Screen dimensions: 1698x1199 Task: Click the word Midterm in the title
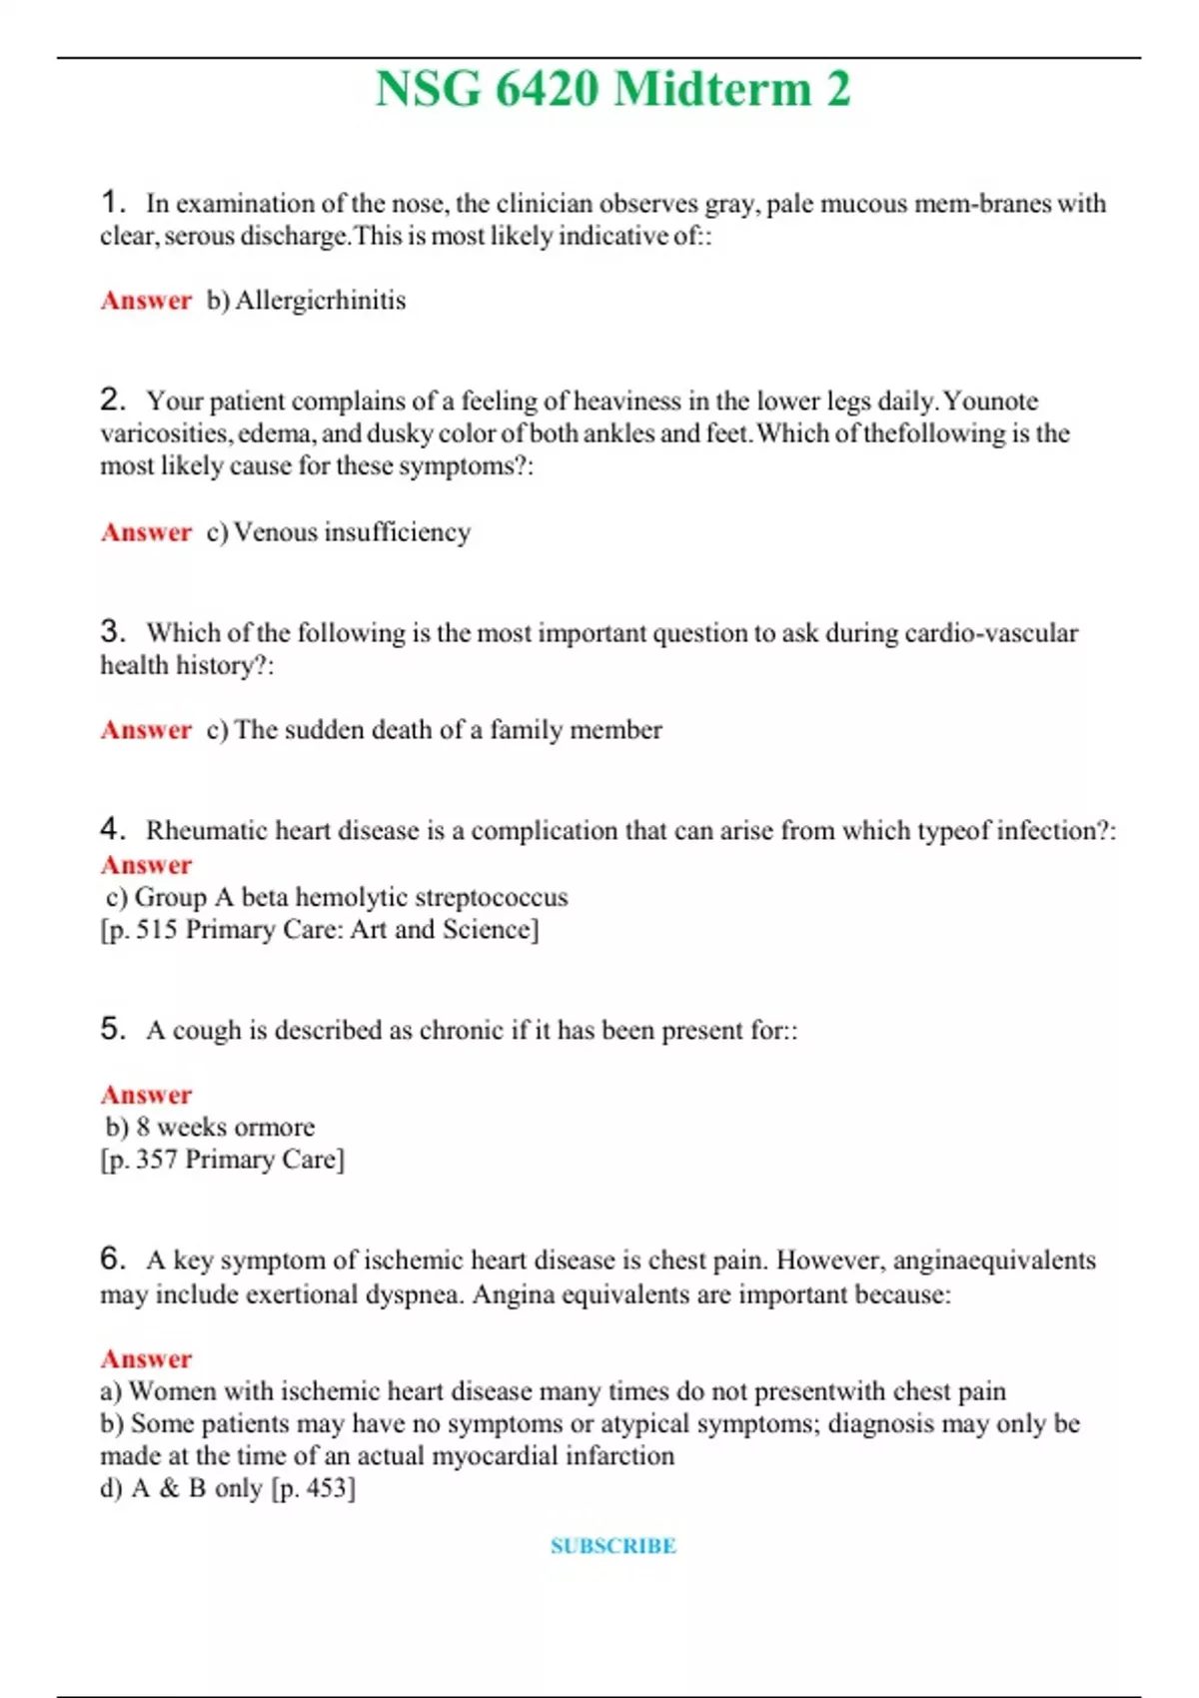pyautogui.click(x=711, y=89)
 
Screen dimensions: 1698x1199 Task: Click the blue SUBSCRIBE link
pyautogui.click(x=613, y=1546)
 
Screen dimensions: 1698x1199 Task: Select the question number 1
pyautogui.click(x=112, y=203)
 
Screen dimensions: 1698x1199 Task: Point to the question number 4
pyautogui.click(x=112, y=829)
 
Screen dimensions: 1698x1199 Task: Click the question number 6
pyautogui.click(x=112, y=1259)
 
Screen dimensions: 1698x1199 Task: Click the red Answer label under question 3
pyautogui.click(x=146, y=730)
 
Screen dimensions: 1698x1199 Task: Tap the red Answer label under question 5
pyautogui.click(x=146, y=1095)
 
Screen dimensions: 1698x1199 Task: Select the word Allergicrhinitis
pyautogui.click(x=320, y=301)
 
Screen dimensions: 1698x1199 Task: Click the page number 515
pyautogui.click(x=157, y=930)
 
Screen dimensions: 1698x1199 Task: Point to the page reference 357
pyautogui.click(x=157, y=1160)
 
